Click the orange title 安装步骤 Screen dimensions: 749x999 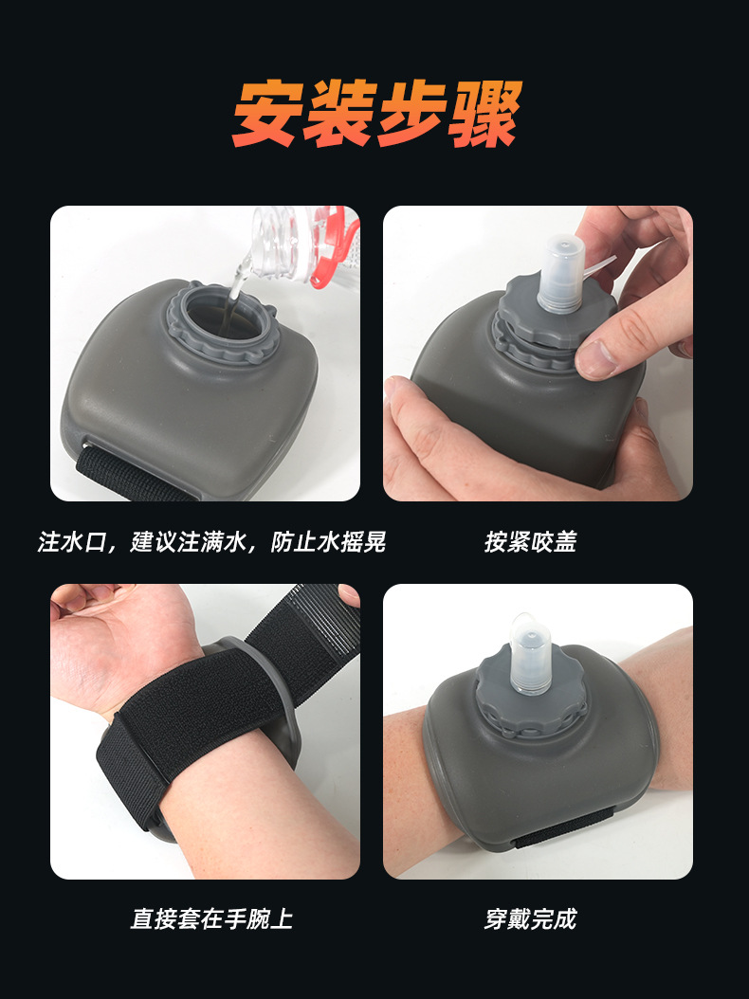tap(377, 114)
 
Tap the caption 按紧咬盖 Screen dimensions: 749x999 tap(530, 541)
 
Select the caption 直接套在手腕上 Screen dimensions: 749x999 tap(211, 918)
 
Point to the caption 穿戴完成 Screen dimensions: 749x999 tap(530, 918)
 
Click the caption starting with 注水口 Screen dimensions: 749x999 tap(211, 541)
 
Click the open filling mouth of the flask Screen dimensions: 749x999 tap(223, 321)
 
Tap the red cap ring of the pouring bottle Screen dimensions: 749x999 tap(332, 248)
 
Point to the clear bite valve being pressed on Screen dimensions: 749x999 tap(561, 273)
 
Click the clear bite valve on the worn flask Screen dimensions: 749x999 tap(530, 654)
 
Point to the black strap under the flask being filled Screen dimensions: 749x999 tap(134, 475)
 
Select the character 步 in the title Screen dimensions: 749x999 tap(412, 114)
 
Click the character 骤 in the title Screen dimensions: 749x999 tap(485, 114)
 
